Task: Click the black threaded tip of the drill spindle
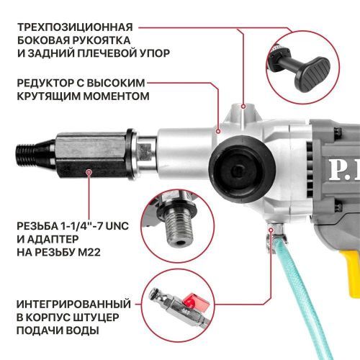[30, 152]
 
